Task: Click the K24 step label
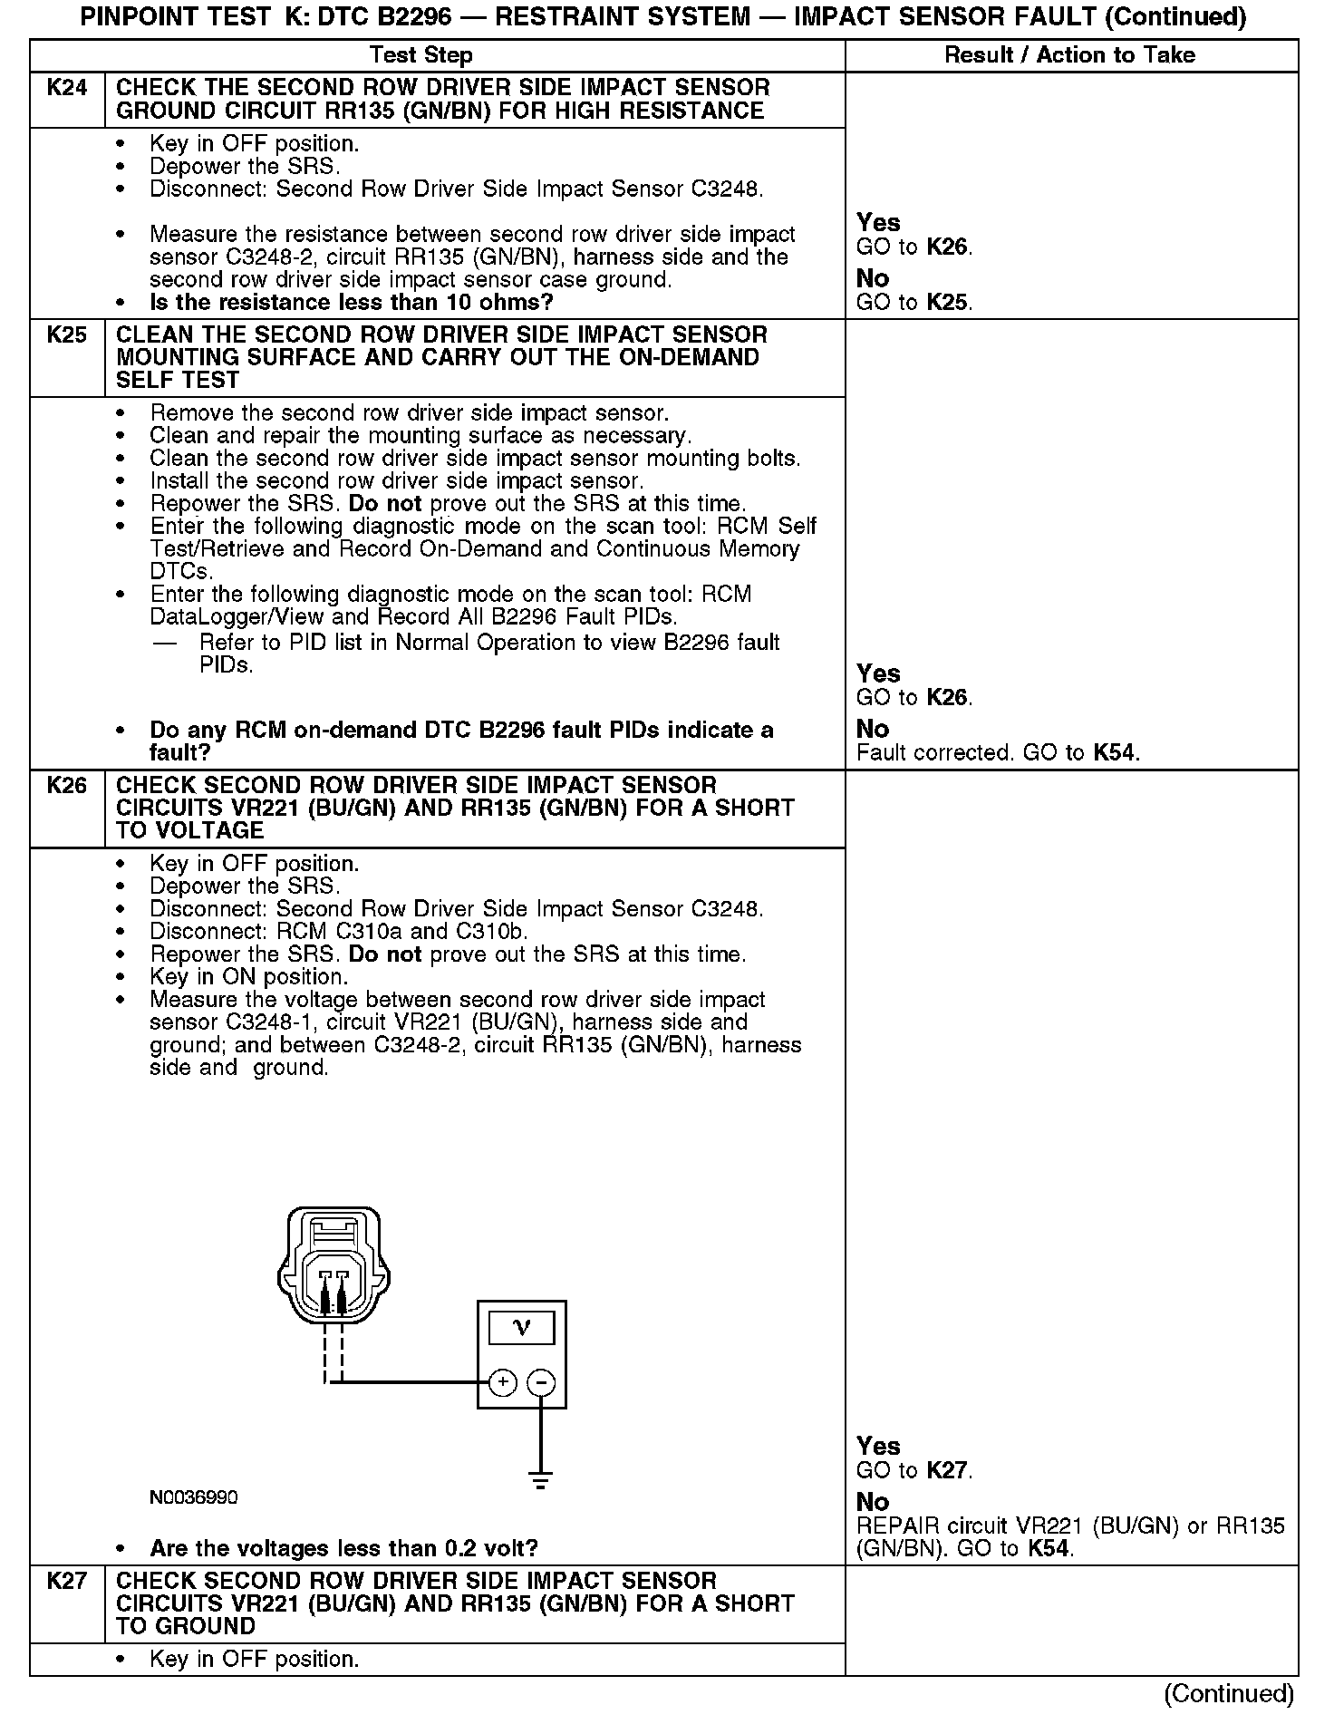point(67,88)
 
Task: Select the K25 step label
point(67,334)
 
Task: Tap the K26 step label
point(67,785)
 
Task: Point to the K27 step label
point(67,1581)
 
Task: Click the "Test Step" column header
point(421,55)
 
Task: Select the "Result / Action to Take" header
point(1069,55)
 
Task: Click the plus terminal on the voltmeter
point(503,1382)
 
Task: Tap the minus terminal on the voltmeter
point(541,1382)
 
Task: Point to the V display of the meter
point(522,1329)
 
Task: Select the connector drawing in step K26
point(333,1269)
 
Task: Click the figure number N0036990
point(194,1497)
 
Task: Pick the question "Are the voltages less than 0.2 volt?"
point(343,1548)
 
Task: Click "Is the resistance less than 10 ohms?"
point(351,302)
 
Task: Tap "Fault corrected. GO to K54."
point(998,752)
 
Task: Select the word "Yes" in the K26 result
point(878,1446)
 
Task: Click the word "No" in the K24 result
point(873,278)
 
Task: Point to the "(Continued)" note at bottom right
point(1229,1693)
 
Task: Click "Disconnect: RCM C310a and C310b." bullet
point(339,932)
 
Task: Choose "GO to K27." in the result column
point(914,1470)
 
